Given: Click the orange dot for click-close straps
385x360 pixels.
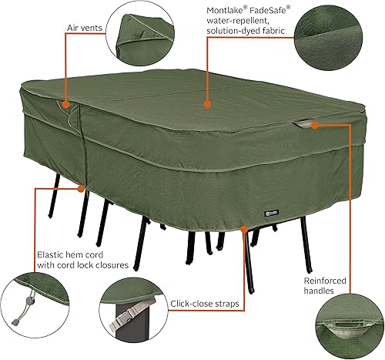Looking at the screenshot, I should coord(244,228).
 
